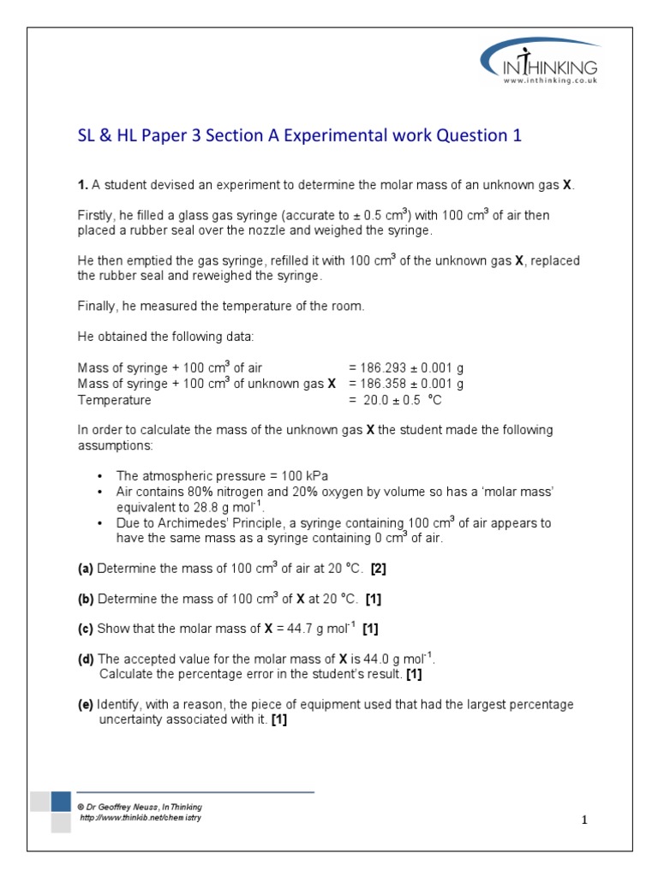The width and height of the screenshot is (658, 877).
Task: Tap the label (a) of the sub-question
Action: pyautogui.click(x=86, y=568)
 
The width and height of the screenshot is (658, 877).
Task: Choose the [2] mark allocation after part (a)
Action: pyautogui.click(x=379, y=568)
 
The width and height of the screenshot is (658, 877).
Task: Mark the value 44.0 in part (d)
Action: pyautogui.click(x=371, y=659)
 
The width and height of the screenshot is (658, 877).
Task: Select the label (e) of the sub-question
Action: pyautogui.click(x=86, y=704)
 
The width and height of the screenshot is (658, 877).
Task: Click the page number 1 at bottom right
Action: pyautogui.click(x=584, y=820)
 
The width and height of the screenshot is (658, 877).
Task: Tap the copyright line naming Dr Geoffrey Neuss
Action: pyautogui.click(x=140, y=807)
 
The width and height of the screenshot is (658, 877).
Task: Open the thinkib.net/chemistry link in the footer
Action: pyautogui.click(x=140, y=818)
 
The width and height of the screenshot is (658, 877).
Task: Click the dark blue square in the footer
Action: pyautogui.click(x=61, y=802)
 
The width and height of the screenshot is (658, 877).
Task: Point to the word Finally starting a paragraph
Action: pyautogui.click(x=97, y=307)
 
